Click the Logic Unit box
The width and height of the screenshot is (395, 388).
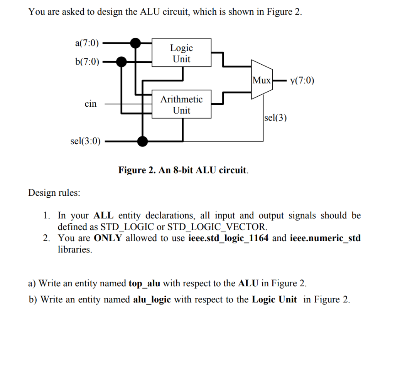coord(181,53)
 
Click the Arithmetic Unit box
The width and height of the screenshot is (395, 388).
coord(181,104)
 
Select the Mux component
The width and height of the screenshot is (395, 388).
coord(262,81)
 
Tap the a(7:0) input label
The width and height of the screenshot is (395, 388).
coord(86,43)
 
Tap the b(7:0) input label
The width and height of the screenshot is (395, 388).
coord(86,61)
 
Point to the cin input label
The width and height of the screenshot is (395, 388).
coord(91,104)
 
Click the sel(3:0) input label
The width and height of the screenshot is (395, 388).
coord(85,141)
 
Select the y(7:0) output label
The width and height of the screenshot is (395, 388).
coord(302,81)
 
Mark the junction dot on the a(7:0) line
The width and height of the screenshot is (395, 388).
coord(135,43)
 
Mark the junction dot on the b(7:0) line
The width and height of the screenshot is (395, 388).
coord(122,61)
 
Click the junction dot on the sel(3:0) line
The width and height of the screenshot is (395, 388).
coord(143,141)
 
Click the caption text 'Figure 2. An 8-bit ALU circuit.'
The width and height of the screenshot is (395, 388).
coord(183,170)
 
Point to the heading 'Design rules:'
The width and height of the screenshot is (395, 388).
coord(54,193)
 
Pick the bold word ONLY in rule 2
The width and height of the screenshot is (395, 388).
coord(108,238)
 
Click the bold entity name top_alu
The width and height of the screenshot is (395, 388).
coord(144,284)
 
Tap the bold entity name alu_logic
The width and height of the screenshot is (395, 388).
coord(152,299)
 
